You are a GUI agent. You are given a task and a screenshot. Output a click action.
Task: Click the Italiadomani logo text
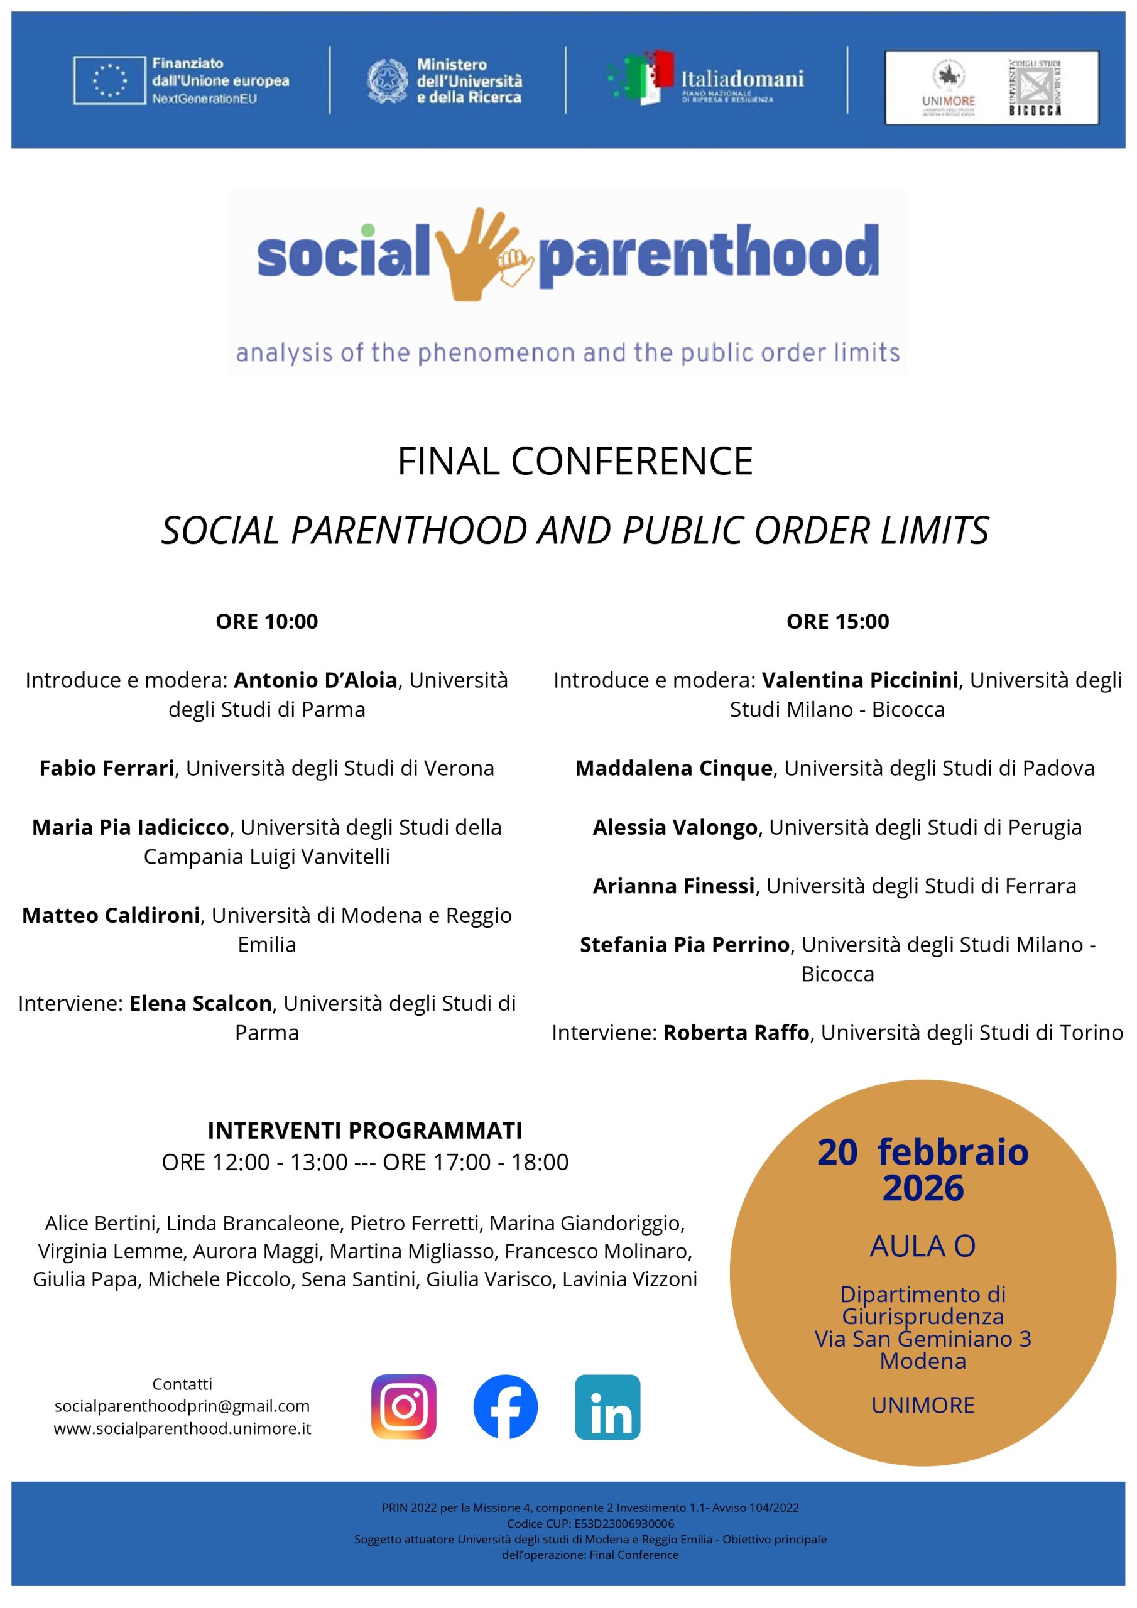(742, 79)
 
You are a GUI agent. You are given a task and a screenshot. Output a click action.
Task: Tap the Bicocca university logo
(1035, 87)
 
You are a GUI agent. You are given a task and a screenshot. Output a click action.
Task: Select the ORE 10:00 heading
(267, 621)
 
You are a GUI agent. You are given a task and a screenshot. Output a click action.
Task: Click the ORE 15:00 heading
(837, 621)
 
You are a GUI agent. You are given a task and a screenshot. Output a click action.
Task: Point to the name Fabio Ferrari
(107, 768)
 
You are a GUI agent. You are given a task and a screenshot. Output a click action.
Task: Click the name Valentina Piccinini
(859, 680)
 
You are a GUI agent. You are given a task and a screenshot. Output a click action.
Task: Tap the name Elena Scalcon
(200, 1004)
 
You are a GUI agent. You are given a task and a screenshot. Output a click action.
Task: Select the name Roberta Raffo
(736, 1033)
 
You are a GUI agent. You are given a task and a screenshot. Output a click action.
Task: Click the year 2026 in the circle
(923, 1188)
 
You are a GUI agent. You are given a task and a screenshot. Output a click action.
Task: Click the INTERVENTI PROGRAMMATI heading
(364, 1131)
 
